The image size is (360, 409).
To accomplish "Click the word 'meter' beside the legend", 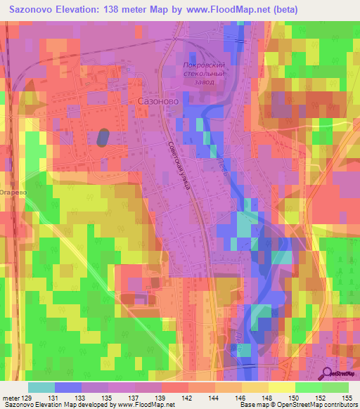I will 11,398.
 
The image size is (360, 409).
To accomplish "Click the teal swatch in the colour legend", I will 41,387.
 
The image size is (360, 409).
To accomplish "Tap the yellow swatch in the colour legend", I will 281,387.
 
